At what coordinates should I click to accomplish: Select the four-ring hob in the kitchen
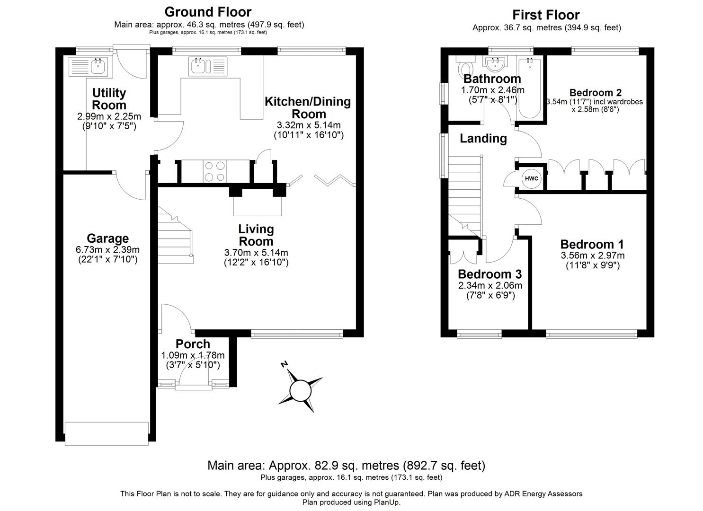[214, 171]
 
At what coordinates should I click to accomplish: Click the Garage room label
[107, 238]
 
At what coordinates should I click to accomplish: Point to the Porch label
[193, 344]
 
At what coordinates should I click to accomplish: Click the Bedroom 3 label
[489, 274]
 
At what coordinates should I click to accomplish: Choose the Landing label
[483, 139]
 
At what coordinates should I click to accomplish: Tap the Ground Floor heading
[208, 11]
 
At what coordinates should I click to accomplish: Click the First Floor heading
[546, 15]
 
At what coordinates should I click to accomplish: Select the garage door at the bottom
[107, 433]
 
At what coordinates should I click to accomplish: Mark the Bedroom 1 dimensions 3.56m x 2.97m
[592, 255]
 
